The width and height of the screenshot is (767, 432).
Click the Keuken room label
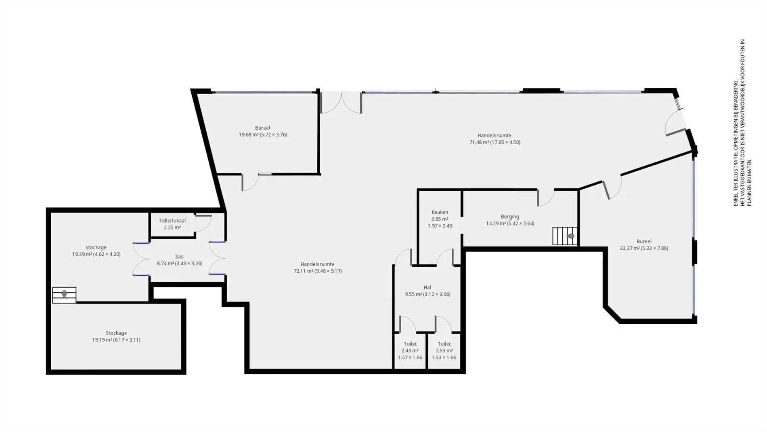440,212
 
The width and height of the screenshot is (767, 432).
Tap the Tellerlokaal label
172,221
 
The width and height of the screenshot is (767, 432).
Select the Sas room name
179,257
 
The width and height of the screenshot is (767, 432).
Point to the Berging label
510,217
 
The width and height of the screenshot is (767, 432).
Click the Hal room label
427,288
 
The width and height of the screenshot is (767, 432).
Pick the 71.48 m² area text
479,142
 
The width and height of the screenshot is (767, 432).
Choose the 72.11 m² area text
303,271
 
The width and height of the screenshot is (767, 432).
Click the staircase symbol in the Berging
565,236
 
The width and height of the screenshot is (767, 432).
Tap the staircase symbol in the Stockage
64,295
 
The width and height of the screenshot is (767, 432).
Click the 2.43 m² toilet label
410,351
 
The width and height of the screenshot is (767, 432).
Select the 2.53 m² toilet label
444,351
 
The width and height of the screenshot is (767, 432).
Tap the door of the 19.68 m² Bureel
250,182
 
